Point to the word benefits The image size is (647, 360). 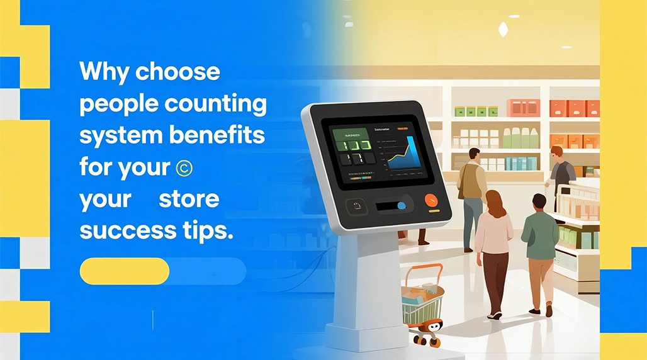click(x=219, y=135)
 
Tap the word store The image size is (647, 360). click(x=189, y=200)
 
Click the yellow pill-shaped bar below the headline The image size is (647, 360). click(x=125, y=271)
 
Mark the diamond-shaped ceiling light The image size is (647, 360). click(x=503, y=28)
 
